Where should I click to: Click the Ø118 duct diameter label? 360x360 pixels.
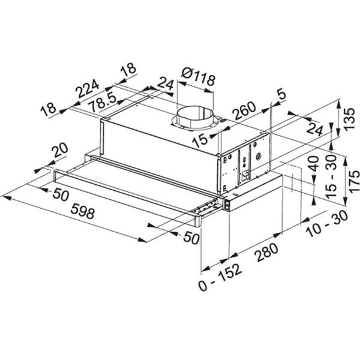click(x=199, y=77)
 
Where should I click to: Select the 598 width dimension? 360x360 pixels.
click(x=83, y=211)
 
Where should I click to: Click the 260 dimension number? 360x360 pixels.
click(x=244, y=111)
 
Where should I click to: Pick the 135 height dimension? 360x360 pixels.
click(x=349, y=119)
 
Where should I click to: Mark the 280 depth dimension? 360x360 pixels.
click(x=268, y=253)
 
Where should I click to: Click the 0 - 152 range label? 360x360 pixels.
click(x=220, y=277)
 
